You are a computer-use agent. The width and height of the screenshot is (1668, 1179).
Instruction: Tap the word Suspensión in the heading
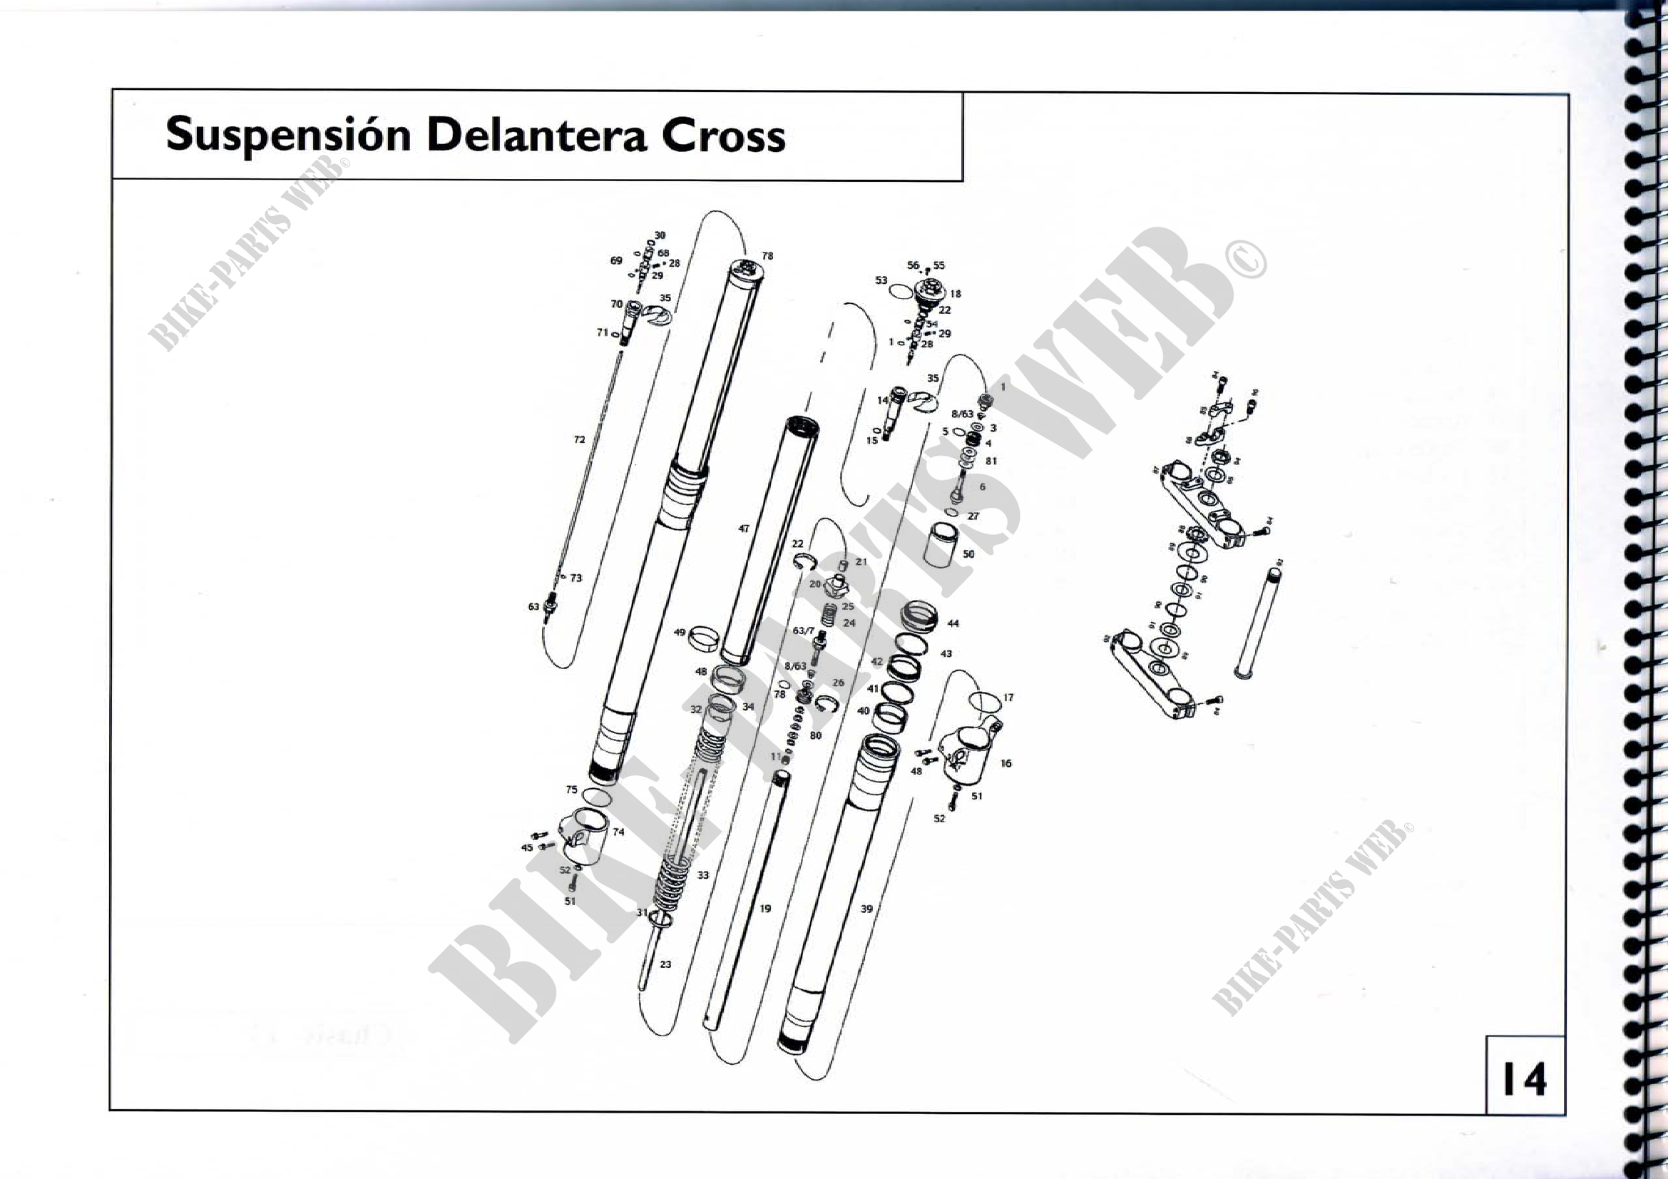tap(288, 136)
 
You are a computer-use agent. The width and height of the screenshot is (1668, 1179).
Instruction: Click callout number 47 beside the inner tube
tap(744, 529)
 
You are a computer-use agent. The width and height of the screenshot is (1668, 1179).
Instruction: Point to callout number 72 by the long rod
tap(579, 439)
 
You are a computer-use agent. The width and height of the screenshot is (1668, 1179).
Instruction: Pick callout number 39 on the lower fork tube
tap(866, 909)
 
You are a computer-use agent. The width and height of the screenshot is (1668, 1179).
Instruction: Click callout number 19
tap(765, 909)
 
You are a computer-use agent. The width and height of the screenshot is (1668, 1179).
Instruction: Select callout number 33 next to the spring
tap(702, 875)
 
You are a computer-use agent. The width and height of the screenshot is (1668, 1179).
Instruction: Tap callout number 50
tap(968, 554)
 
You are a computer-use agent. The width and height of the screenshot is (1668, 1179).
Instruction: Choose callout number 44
tap(953, 623)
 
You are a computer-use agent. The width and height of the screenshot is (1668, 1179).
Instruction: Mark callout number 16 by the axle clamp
tap(1006, 763)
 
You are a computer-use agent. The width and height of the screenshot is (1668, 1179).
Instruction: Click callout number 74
tap(618, 832)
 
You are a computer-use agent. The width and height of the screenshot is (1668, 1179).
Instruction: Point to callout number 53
tap(881, 280)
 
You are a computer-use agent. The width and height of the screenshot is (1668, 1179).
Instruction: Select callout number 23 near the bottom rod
tap(665, 965)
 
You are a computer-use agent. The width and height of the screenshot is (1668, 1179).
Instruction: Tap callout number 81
tap(991, 461)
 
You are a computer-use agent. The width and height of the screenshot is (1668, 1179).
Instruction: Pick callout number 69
tap(616, 260)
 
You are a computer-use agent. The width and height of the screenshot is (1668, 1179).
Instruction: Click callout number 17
tap(1008, 698)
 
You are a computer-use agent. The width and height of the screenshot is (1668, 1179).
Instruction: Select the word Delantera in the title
tap(536, 136)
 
